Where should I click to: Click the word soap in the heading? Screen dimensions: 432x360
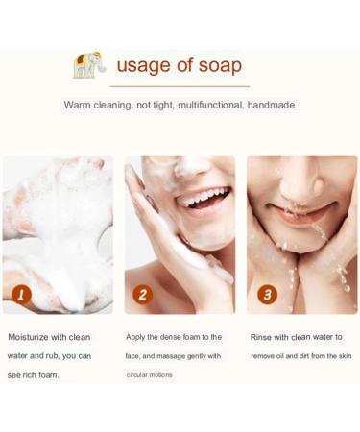pyautogui.click(x=219, y=66)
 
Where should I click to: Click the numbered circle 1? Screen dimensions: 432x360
pyautogui.click(x=21, y=294)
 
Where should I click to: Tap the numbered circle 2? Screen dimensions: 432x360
pyautogui.click(x=143, y=294)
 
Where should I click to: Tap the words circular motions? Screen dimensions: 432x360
pyautogui.click(x=150, y=374)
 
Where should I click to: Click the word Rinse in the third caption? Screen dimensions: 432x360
pyautogui.click(x=263, y=337)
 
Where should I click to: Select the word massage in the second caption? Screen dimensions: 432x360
pyautogui.click(x=180, y=356)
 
